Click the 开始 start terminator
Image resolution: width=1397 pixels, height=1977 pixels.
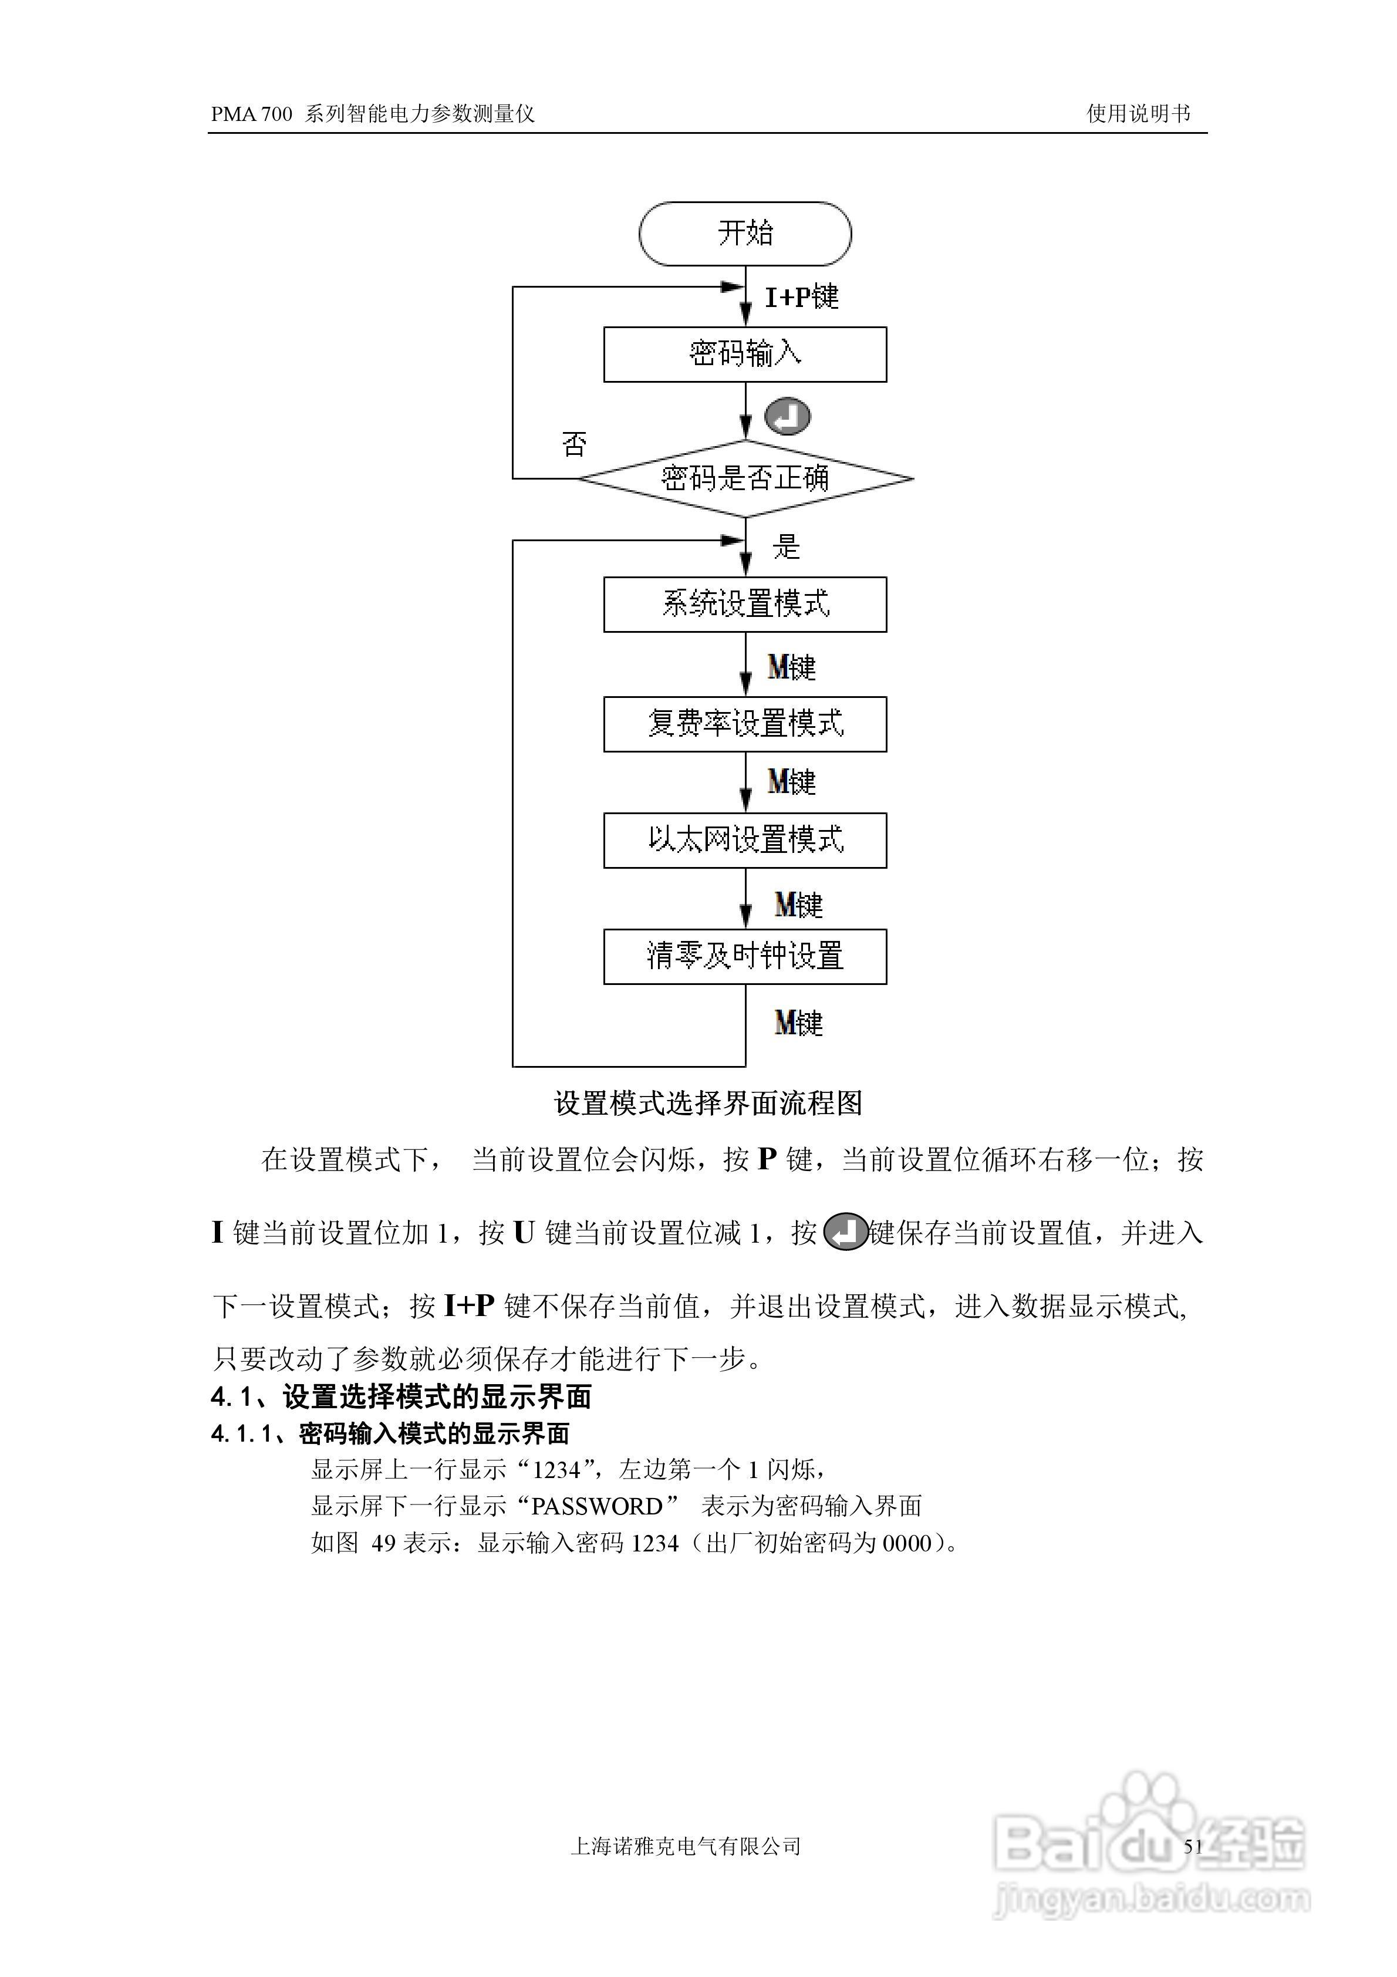click(x=745, y=234)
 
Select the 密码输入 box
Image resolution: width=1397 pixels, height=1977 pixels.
click(x=745, y=354)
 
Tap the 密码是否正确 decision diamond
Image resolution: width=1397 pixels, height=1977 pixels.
click(x=745, y=478)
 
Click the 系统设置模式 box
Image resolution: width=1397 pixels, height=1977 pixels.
click(x=745, y=603)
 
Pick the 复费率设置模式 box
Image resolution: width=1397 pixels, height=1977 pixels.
click(x=745, y=723)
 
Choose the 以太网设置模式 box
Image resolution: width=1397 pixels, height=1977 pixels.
click(x=745, y=839)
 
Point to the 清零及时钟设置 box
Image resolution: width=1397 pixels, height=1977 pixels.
click(x=745, y=956)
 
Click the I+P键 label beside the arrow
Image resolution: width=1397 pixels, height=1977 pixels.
click(x=801, y=297)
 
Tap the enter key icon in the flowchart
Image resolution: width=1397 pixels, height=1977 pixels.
click(x=787, y=417)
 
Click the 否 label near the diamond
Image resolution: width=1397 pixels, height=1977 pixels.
click(x=575, y=444)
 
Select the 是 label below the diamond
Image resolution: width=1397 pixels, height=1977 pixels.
click(x=785, y=546)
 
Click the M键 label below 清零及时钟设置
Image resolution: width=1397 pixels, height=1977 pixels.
click(x=798, y=1023)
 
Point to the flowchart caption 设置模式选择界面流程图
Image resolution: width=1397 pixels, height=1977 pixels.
click(x=708, y=1103)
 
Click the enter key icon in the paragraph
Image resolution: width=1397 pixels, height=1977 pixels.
click(x=845, y=1232)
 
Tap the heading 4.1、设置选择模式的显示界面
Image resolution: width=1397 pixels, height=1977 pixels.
click(x=401, y=1396)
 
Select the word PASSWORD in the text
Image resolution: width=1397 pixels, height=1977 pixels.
click(x=596, y=1506)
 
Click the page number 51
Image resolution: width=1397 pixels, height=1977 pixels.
click(x=1193, y=1846)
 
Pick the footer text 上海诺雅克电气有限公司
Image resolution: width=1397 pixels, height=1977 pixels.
click(x=686, y=1846)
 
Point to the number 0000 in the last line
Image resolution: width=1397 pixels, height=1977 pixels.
click(x=907, y=1543)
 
